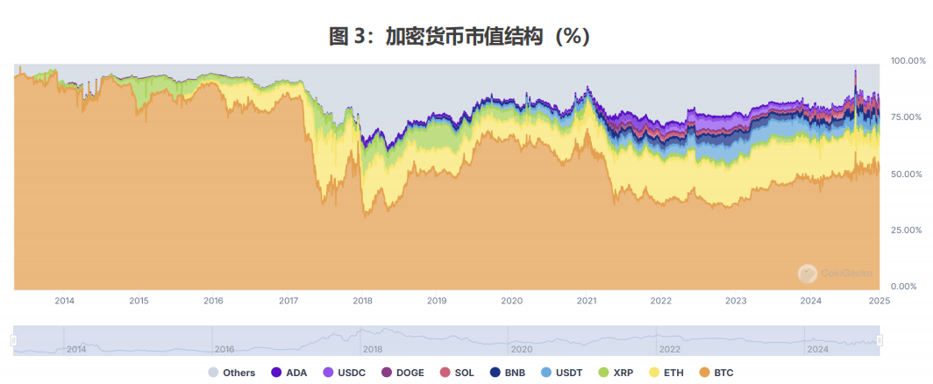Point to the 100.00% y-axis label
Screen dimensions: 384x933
(x=908, y=61)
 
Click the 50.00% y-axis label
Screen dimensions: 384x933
(x=908, y=174)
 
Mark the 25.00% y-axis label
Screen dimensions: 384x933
(x=908, y=230)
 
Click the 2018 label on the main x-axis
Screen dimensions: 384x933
(x=362, y=301)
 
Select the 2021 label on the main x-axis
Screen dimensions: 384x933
(x=587, y=301)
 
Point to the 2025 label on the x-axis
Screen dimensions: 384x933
(x=879, y=301)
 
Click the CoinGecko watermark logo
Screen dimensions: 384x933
(x=808, y=274)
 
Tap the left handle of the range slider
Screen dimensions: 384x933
(x=14, y=340)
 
